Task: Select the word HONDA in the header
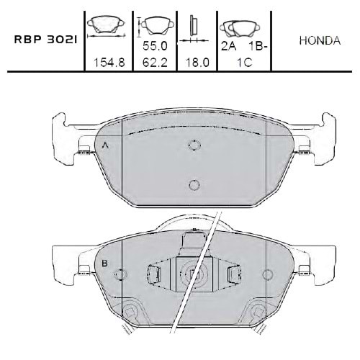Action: tap(319, 40)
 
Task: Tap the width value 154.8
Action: tap(109, 62)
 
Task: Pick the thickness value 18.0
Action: tap(196, 62)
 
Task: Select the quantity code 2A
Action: tap(228, 45)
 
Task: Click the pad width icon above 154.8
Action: tap(106, 27)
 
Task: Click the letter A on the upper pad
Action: tap(106, 145)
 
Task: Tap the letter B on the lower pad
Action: tap(104, 264)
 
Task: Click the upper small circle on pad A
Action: tap(193, 145)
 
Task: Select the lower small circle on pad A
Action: tap(193, 185)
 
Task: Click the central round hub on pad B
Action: tap(193, 274)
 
